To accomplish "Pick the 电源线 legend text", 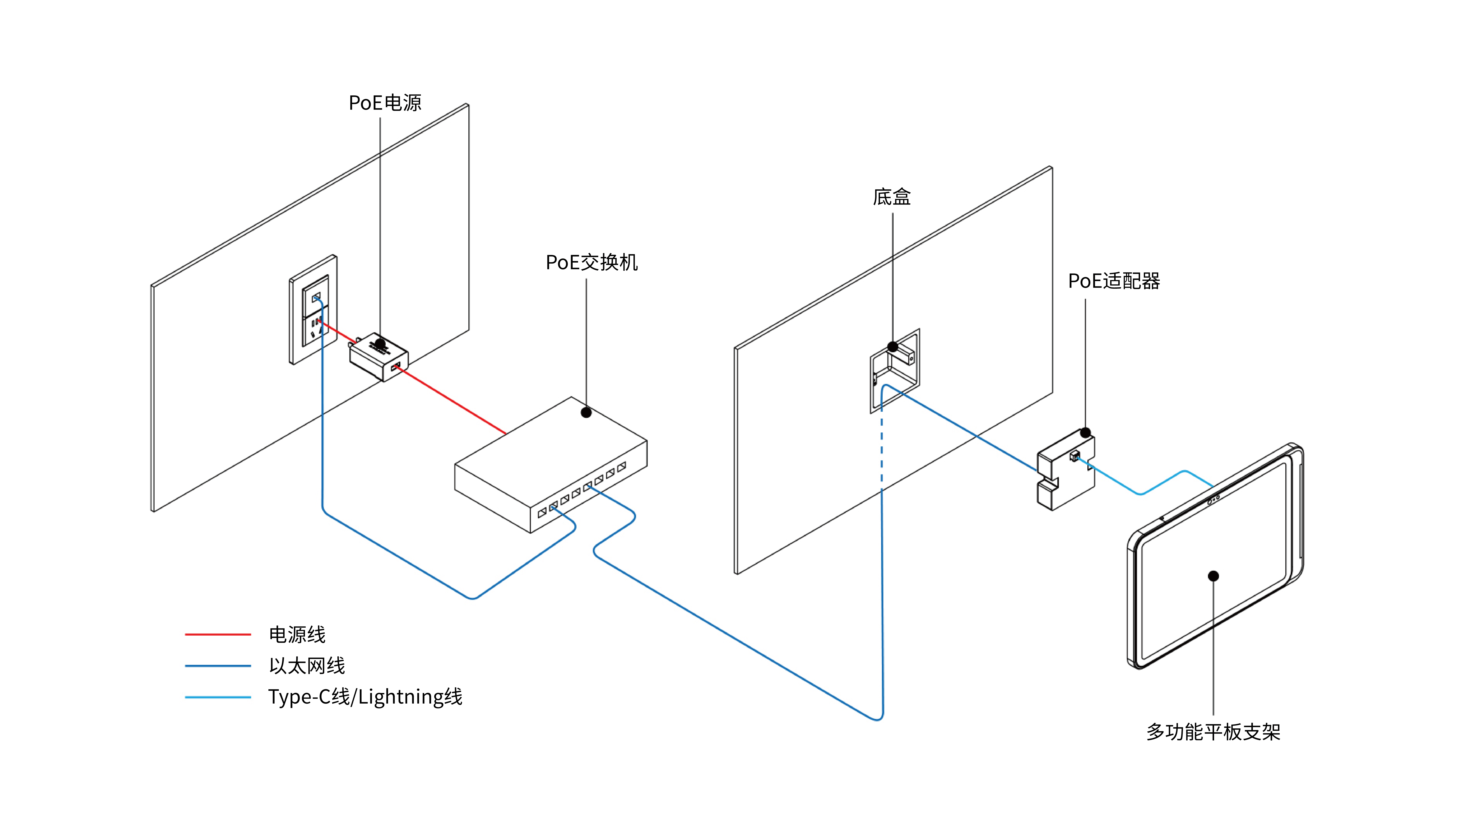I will point(297,634).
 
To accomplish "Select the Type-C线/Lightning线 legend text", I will point(365,697).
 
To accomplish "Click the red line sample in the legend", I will point(218,634).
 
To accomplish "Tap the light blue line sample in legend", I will point(218,697).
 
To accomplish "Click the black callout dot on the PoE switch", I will point(586,413).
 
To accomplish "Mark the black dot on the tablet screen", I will point(1213,576).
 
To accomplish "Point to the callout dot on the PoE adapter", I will point(1085,432).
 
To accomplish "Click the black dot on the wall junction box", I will point(892,346).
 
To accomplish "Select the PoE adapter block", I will point(1066,472).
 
